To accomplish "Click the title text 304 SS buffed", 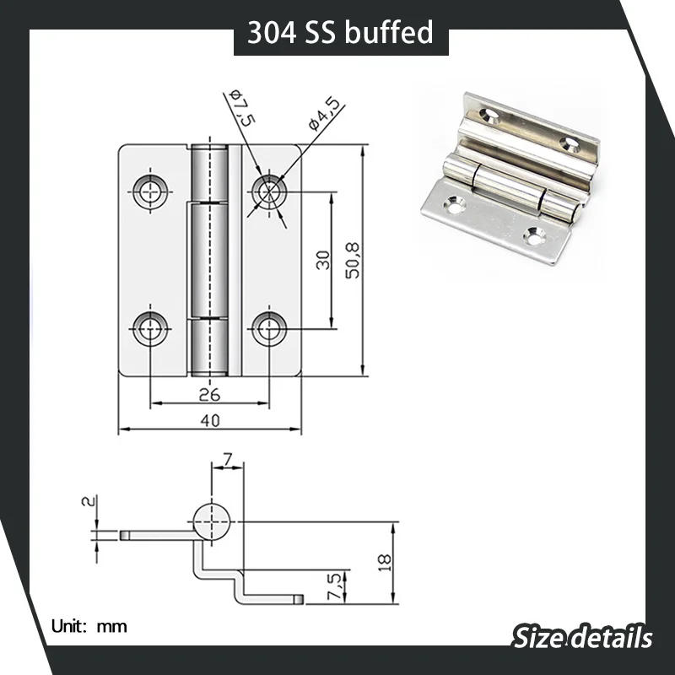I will (x=340, y=32).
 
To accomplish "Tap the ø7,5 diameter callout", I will (x=241, y=107).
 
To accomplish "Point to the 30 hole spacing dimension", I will (x=322, y=260).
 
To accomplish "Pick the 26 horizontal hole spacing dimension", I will (x=209, y=393).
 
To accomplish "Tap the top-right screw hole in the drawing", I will (x=269, y=192).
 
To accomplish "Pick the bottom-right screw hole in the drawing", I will (x=269, y=327).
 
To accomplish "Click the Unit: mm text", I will (x=89, y=626).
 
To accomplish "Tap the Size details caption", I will (x=582, y=635).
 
